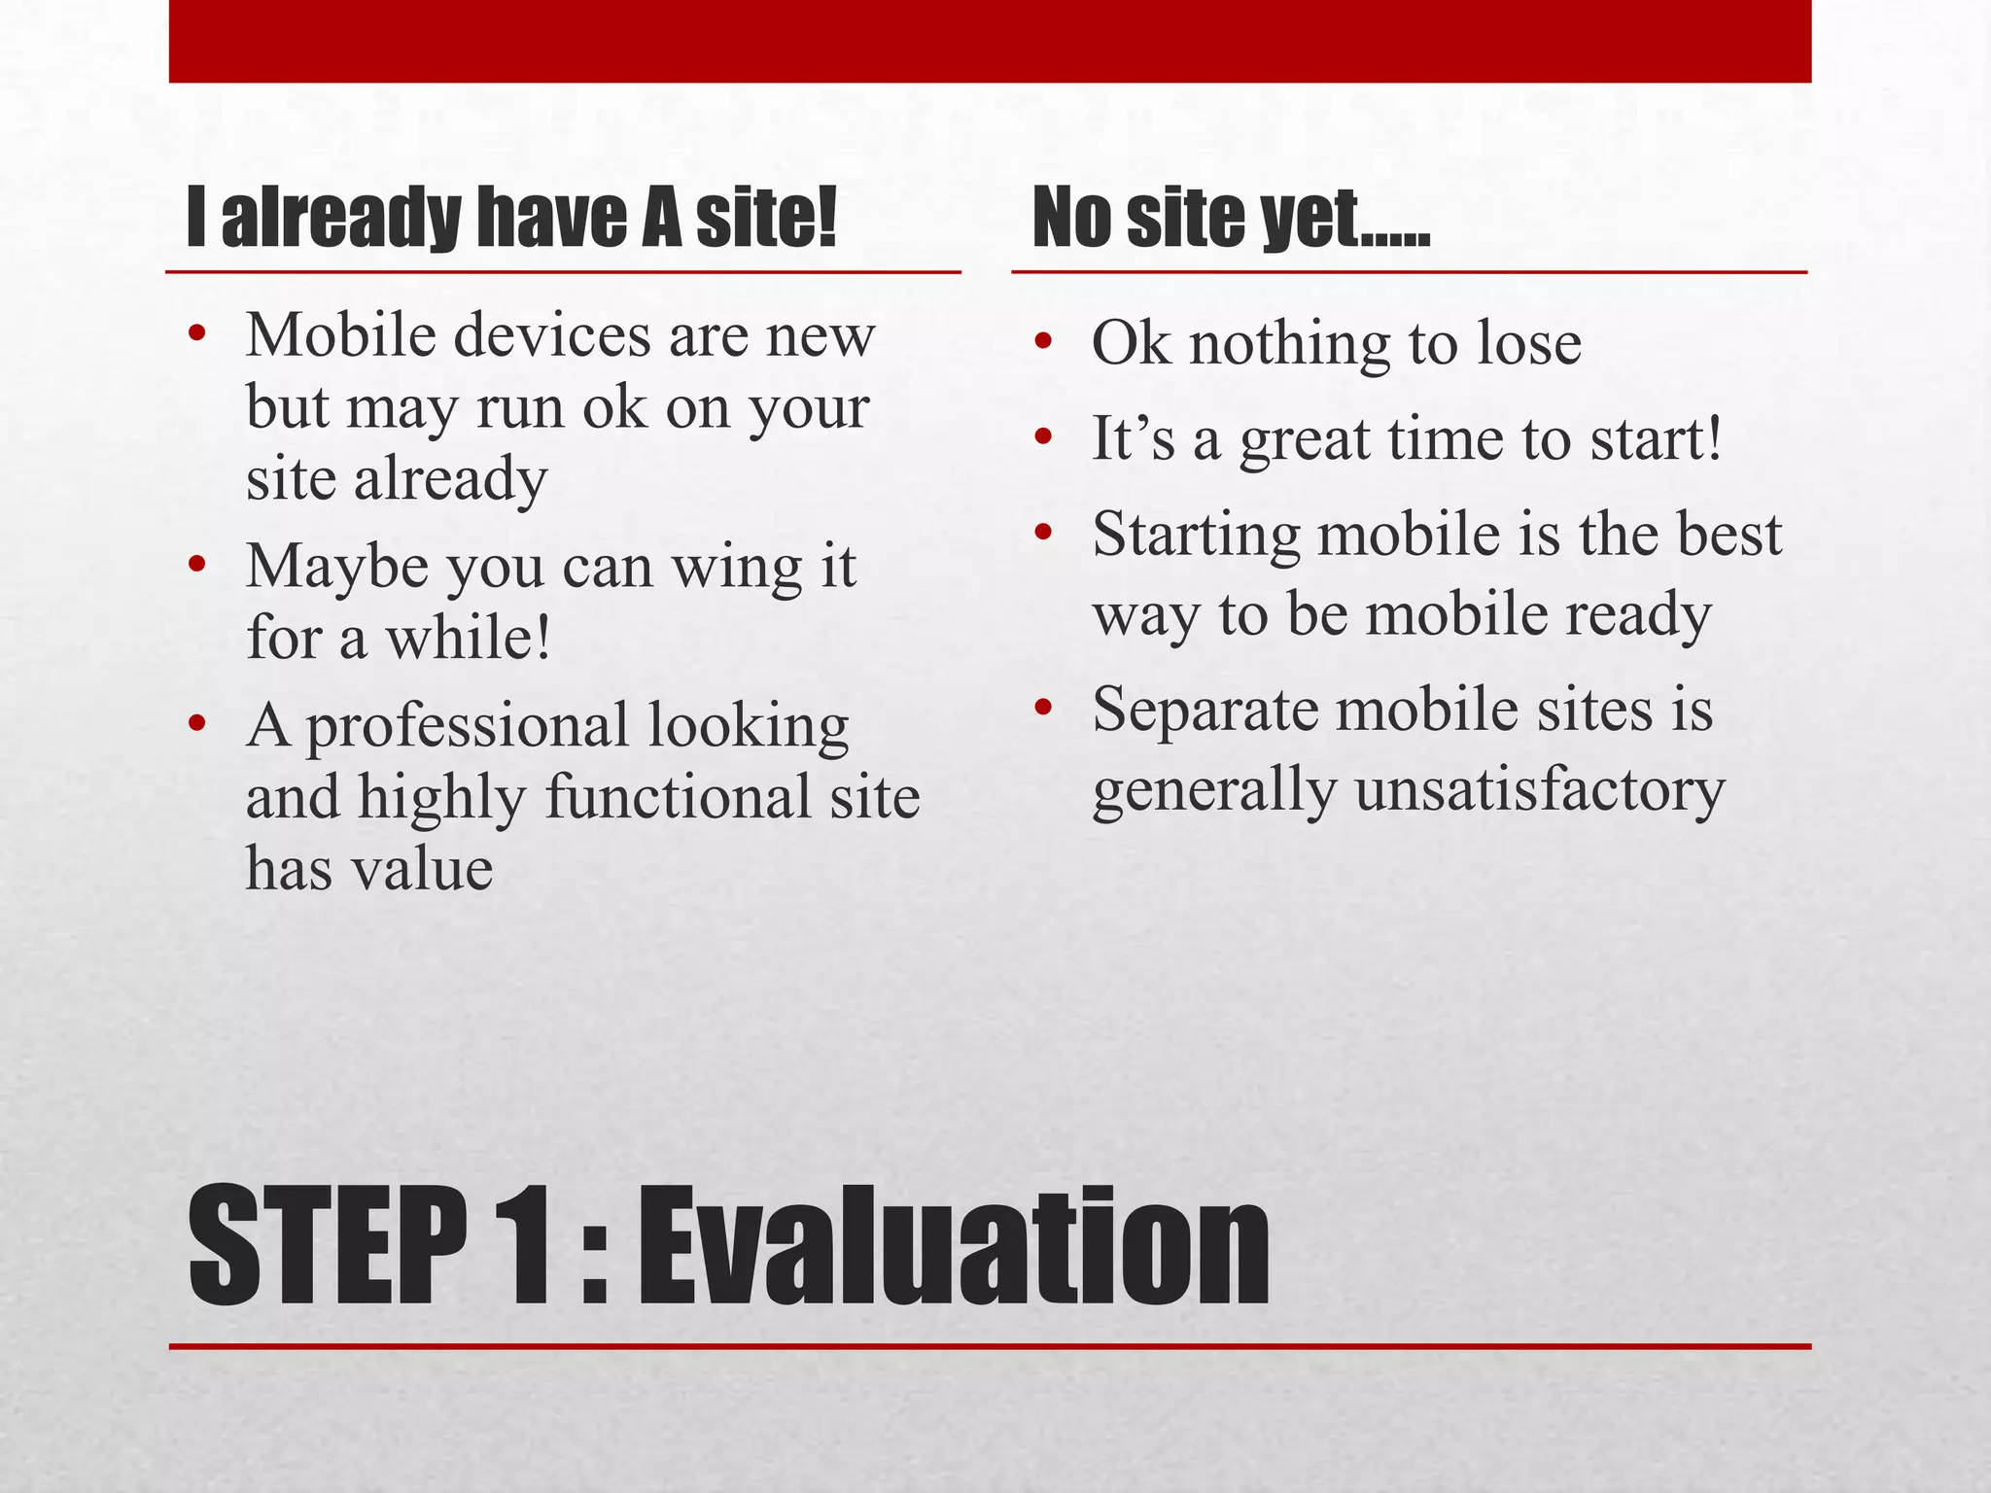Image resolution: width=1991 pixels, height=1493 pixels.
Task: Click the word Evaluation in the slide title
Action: (x=953, y=1246)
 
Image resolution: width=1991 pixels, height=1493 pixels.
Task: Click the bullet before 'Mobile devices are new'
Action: (x=198, y=336)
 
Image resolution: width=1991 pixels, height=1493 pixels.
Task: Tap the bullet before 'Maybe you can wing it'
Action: (x=198, y=566)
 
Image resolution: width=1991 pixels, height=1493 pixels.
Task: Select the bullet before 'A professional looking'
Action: (x=198, y=725)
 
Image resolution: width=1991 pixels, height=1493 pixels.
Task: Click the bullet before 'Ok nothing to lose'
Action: (x=1044, y=343)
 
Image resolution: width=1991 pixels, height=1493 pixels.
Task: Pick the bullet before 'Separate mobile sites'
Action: (x=1044, y=709)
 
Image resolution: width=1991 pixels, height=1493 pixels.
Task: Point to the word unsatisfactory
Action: (x=1540, y=788)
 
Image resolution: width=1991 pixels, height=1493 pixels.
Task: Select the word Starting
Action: (x=1196, y=536)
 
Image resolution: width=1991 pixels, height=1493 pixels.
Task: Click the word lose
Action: (x=1529, y=343)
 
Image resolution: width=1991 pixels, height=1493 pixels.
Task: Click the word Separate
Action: (x=1205, y=710)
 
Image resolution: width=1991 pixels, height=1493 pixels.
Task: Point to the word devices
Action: (x=553, y=336)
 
